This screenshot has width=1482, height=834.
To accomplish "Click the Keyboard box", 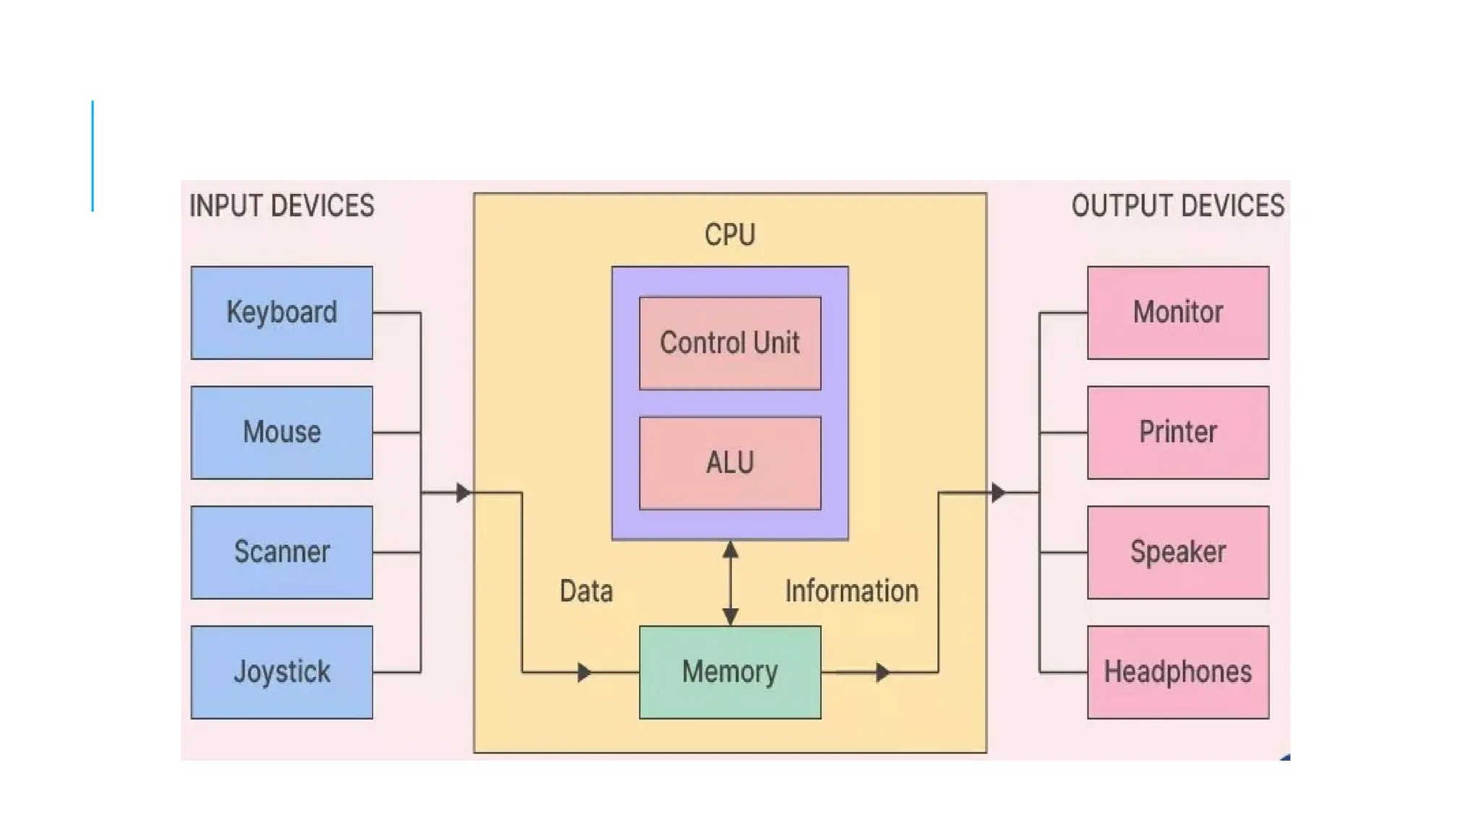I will point(281,313).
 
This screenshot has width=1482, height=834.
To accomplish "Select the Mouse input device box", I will point(281,432).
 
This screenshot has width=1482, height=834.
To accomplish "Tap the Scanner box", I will point(281,552).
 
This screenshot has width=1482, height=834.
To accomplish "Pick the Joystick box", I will point(281,672).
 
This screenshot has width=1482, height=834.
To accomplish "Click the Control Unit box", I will point(729,343).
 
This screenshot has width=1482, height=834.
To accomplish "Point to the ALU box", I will point(729,463).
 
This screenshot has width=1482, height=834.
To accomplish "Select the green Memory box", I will point(729,672).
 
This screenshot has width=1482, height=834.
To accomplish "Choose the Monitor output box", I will point(1177,313).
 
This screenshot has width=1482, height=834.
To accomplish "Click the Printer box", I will point(1177,432).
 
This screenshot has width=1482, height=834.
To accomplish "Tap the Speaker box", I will point(1177,552).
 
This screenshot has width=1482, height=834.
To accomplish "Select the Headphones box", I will point(1177,672).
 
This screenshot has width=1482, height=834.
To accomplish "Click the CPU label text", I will point(729,235).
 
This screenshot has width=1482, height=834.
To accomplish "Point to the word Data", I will point(586,591).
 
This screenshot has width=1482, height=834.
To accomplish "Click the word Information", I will point(852,591).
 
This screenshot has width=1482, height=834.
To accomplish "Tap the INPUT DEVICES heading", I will point(281,206).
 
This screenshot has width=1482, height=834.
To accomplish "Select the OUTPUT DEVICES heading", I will point(1177,206).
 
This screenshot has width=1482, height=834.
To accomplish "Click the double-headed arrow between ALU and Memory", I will point(730,583).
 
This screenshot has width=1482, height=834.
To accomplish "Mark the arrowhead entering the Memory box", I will point(585,673).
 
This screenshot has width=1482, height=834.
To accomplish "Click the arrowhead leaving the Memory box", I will point(882,673).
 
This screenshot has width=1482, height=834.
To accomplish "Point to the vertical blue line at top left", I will point(93,156).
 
